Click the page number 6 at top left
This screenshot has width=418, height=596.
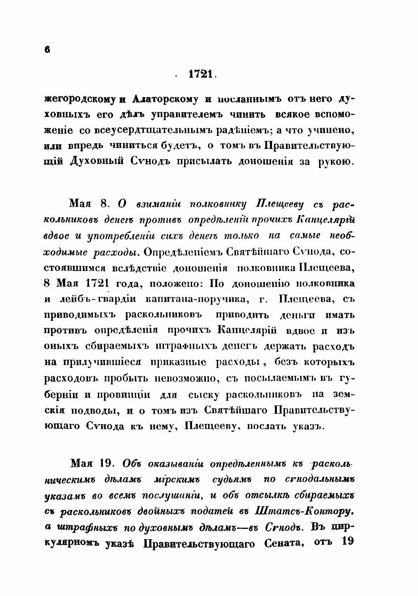click(x=47, y=50)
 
